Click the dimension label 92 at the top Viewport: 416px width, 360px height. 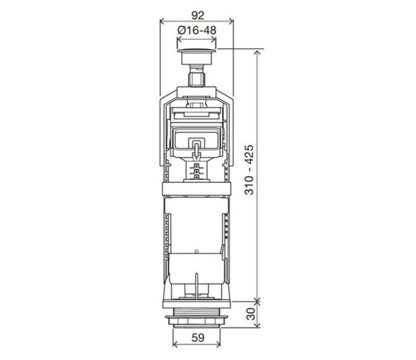198,15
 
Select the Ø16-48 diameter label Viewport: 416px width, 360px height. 197,30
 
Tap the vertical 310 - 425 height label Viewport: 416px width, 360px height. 250,170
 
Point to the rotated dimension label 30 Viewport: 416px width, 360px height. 251,313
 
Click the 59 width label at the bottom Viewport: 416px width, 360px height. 198,338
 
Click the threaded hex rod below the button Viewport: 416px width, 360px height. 196,76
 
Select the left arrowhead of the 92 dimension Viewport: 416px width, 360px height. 162,21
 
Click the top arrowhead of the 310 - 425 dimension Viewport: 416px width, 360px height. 257,53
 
